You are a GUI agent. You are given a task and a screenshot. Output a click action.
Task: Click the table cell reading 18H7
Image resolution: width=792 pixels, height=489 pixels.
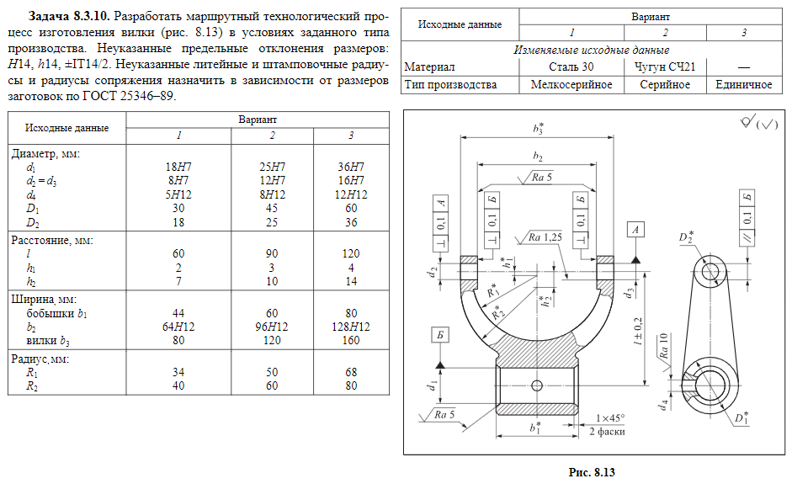[x=179, y=167]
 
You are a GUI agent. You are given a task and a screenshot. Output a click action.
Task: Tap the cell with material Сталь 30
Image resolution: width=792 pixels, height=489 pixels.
[x=571, y=66]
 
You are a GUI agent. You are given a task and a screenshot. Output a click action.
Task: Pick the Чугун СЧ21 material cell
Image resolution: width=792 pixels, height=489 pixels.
[x=664, y=66]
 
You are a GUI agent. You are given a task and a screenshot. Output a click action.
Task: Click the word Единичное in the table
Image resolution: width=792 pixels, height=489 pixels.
[x=743, y=85]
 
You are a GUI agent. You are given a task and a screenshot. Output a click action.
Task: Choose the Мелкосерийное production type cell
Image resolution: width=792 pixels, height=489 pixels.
[x=571, y=85]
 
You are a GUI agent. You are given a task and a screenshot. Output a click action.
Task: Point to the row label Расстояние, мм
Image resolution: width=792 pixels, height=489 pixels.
[x=51, y=240]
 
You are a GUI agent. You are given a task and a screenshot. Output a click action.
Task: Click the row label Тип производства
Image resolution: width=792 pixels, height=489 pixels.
[x=450, y=85]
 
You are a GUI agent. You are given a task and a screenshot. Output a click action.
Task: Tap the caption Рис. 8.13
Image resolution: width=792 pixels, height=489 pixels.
[x=593, y=473]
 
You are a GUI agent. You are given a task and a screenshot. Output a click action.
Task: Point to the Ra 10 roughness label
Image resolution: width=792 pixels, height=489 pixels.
[x=664, y=344]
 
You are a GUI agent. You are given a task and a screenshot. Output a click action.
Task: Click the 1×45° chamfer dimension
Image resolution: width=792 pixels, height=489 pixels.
[x=610, y=418]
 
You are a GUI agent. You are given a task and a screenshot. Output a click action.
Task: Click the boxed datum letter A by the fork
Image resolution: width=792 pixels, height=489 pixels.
[x=635, y=229]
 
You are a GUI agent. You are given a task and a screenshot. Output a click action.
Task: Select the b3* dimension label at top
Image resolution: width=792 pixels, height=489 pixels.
[x=538, y=130]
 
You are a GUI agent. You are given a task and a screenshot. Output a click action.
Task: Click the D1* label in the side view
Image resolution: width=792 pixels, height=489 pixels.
[x=741, y=416]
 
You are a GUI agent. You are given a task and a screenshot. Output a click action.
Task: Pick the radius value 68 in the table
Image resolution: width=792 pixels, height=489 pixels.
[x=351, y=372]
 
